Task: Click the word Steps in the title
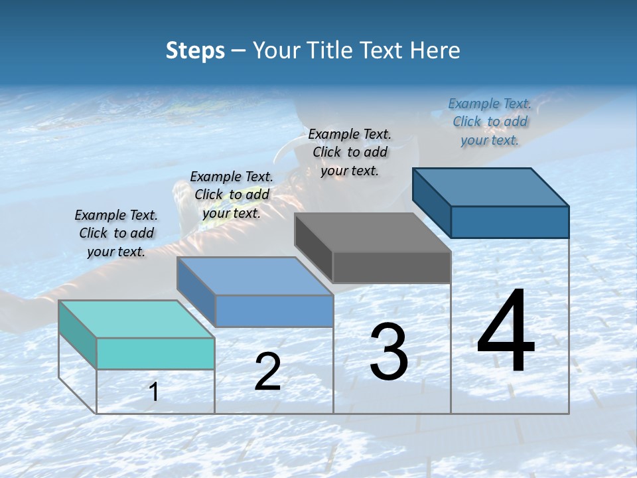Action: point(195,50)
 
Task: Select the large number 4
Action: point(506,332)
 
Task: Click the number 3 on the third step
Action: point(389,352)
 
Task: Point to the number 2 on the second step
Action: point(268,372)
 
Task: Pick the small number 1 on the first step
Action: point(154,392)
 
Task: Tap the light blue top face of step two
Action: point(255,276)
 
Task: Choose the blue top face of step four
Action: point(491,187)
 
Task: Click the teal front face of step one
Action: point(155,353)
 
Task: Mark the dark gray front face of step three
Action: point(391,268)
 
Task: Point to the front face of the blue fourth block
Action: point(510,222)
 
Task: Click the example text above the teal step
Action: point(116,233)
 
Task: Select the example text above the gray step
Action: point(350,152)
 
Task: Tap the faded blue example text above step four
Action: point(490,121)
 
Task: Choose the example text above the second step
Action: point(232,195)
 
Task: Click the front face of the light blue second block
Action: point(274,311)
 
